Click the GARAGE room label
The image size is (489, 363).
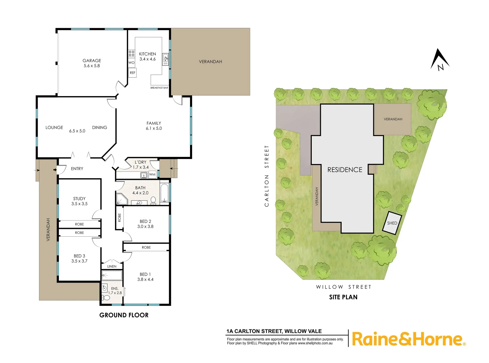[92, 61]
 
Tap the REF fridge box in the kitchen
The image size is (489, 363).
[133, 73]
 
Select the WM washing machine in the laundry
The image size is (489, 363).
[152, 174]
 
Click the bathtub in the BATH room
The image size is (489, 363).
[164, 193]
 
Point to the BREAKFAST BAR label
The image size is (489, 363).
[159, 88]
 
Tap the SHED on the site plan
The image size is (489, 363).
[392, 223]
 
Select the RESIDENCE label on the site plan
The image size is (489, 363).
[345, 170]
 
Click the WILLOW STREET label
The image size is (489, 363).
[343, 287]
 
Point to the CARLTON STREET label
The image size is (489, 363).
[267, 176]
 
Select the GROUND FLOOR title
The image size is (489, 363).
[124, 315]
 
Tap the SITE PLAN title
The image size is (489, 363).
[343, 297]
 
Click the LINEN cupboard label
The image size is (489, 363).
[112, 267]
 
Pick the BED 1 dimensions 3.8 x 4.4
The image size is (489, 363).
[145, 279]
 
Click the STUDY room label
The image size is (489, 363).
[79, 199]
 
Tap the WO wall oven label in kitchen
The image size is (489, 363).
[131, 63]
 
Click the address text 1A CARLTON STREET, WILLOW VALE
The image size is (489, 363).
[274, 331]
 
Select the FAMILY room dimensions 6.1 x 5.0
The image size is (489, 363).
[154, 128]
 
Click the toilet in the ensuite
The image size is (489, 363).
[106, 298]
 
